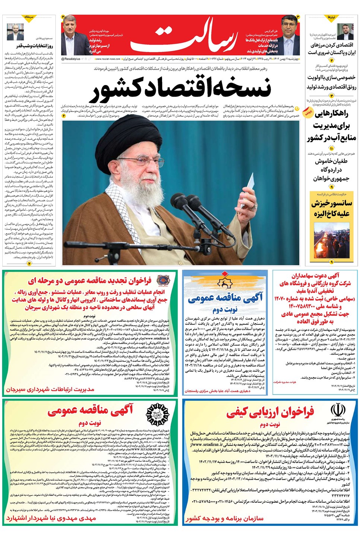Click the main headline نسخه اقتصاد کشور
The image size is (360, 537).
pyautogui.click(x=181, y=90)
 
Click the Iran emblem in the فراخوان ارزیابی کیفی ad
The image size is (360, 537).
pyautogui.click(x=338, y=411)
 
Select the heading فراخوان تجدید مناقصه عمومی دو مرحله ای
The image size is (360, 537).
pyautogui.click(x=90, y=280)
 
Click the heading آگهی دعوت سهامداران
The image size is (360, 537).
pyautogui.click(x=315, y=276)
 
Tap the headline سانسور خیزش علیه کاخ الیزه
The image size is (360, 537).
pyautogui.click(x=331, y=208)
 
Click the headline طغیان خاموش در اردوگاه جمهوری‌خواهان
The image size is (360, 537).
pyautogui.click(x=331, y=170)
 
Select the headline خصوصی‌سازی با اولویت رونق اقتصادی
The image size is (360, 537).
pyautogui.click(x=331, y=82)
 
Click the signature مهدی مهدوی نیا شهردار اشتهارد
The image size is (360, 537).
pyautogui.click(x=51, y=518)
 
